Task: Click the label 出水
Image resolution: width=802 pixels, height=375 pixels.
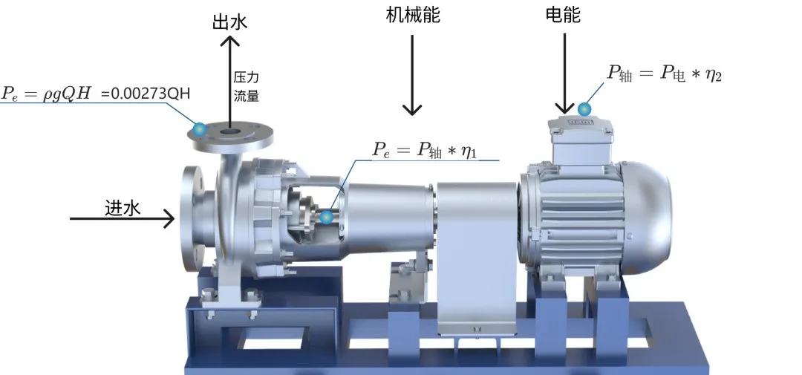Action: [229, 22]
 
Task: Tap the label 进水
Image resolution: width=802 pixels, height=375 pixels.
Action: [123, 208]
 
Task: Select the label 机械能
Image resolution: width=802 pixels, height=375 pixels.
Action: [413, 15]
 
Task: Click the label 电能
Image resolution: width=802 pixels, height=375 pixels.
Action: [563, 15]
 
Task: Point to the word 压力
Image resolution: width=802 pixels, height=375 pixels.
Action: [246, 78]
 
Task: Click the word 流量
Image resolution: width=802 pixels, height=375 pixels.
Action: [246, 96]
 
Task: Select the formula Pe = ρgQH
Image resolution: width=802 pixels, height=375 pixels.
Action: [47, 94]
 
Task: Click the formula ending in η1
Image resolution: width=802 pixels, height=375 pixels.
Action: [425, 150]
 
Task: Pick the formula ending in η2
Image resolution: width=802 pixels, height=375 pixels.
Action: [664, 74]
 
